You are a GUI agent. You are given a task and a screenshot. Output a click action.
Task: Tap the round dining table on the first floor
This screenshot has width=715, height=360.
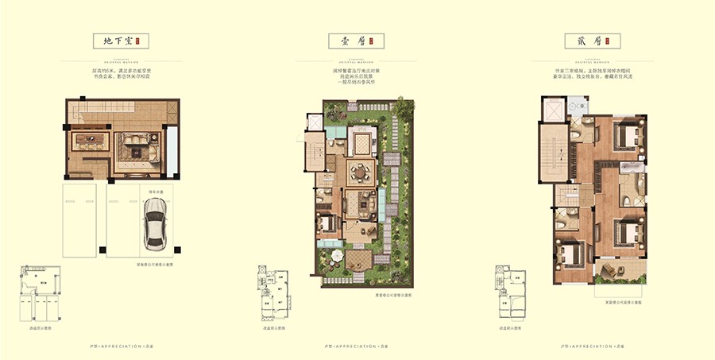tap(362, 170)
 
